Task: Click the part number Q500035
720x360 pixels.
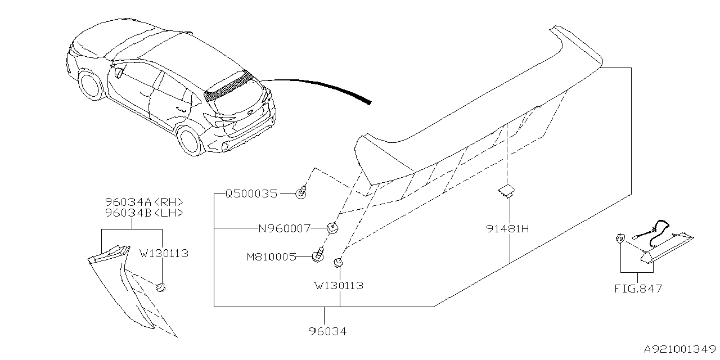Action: (251, 194)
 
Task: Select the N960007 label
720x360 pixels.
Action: (284, 229)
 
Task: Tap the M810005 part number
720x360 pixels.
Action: (271, 257)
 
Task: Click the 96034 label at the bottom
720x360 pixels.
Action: (327, 332)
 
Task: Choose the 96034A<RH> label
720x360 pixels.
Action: (145, 202)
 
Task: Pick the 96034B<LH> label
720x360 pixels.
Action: (145, 213)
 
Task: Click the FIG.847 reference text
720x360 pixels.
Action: (638, 289)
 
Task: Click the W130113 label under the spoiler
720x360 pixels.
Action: (339, 286)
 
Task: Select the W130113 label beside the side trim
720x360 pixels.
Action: (164, 254)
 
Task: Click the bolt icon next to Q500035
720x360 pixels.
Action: (302, 193)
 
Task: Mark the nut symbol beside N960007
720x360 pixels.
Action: (332, 228)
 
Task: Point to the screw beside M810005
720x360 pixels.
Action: (319, 256)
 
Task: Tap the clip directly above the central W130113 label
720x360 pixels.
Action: (339, 262)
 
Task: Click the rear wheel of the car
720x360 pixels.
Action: (190, 139)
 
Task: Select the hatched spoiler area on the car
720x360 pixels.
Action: (228, 85)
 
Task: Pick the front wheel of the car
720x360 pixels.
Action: (89, 84)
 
